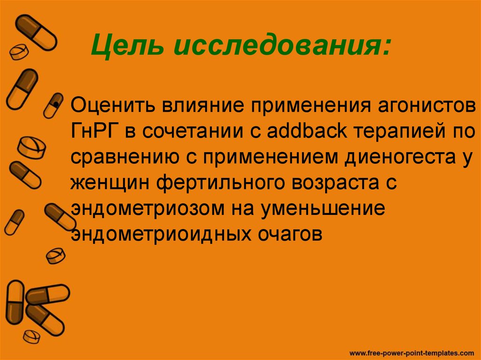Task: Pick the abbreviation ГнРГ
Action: click(x=92, y=130)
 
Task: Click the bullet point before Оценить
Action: click(x=56, y=104)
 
